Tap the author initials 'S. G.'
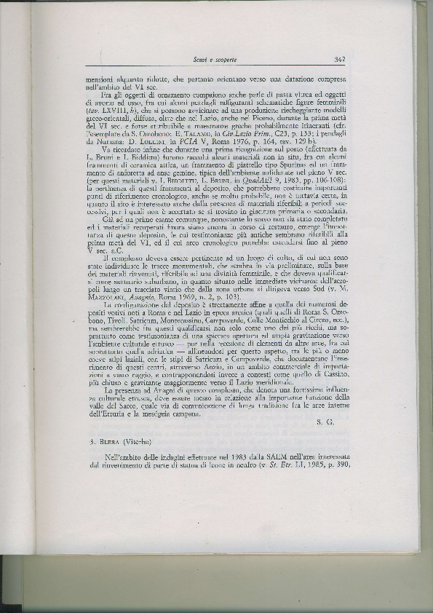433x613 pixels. (x=328, y=422)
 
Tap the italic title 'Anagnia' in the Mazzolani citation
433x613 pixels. (x=151, y=298)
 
